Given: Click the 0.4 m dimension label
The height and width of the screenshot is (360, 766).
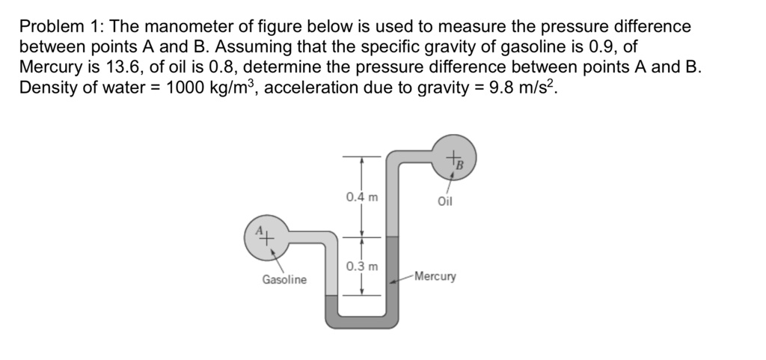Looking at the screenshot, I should [362, 198].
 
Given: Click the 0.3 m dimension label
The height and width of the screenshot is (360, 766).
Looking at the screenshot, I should [362, 266].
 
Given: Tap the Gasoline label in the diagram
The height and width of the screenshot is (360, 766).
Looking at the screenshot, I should [284, 280].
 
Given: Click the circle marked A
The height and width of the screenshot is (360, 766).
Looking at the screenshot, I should [266, 237].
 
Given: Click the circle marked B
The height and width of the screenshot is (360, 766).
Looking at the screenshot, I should [453, 158].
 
